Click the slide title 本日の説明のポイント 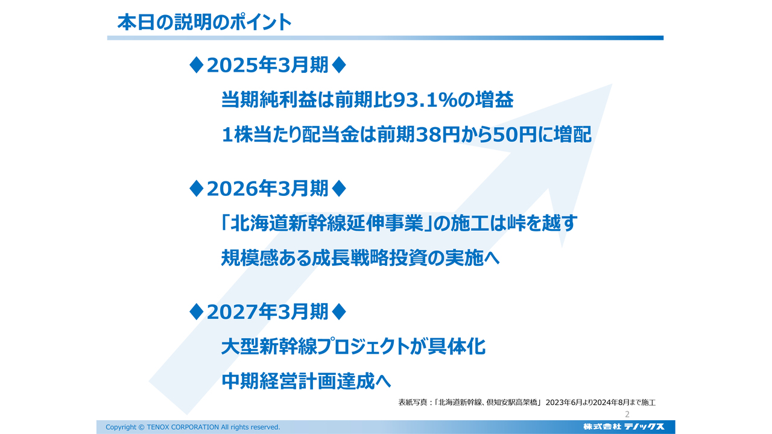coord(204,22)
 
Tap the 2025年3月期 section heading coord(268,66)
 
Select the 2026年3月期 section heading coord(268,189)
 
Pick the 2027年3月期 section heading coord(268,312)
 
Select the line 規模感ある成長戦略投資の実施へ coord(361,259)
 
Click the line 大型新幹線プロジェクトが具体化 coord(353,347)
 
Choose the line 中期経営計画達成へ coord(306,382)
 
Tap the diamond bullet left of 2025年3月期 coord(196,66)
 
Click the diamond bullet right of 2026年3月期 coord(340,189)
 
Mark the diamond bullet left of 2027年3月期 coord(196,312)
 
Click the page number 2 coord(627,415)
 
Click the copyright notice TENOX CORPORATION coord(193,427)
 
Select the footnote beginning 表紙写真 coord(527,402)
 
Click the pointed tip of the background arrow coord(610,85)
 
